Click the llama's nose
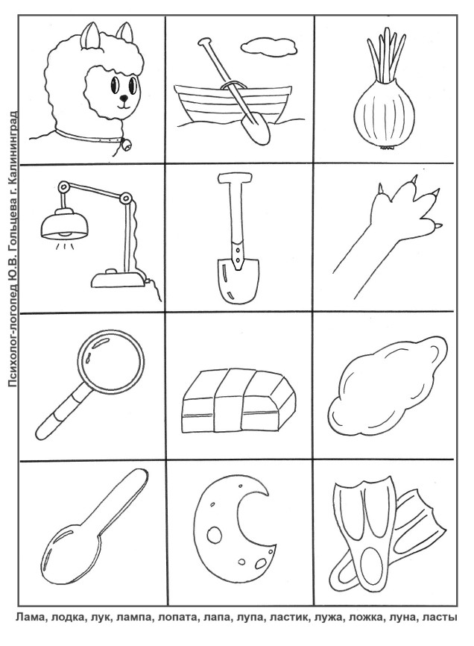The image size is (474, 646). click(x=123, y=98)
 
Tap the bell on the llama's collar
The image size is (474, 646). click(x=126, y=145)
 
